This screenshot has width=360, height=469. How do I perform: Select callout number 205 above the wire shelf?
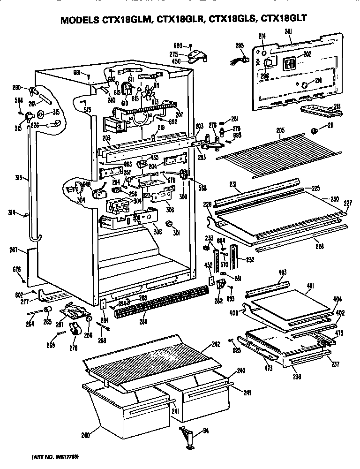(280, 131)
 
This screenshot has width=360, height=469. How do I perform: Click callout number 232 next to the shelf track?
(250, 259)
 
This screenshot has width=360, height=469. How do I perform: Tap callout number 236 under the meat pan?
(297, 376)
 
